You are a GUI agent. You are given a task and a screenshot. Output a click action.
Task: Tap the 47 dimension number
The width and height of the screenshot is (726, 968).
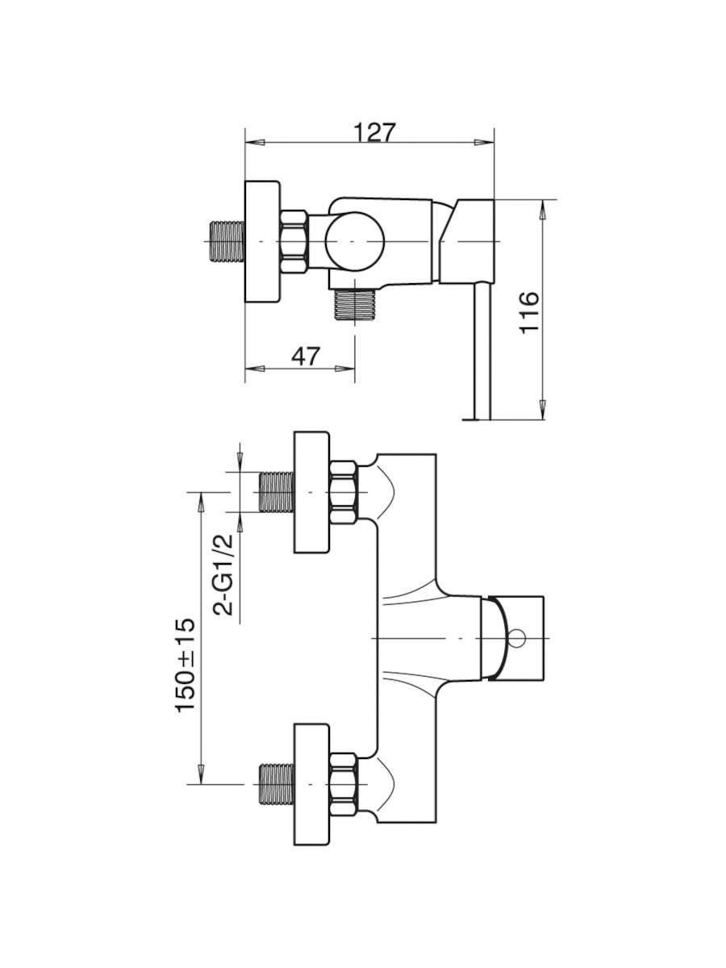click(x=306, y=356)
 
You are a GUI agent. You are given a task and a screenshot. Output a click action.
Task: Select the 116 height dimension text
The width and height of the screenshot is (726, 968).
click(x=529, y=312)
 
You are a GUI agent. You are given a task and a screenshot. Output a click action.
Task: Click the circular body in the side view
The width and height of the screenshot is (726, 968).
click(x=355, y=242)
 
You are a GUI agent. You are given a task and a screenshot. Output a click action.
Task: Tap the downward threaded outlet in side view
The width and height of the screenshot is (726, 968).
click(x=355, y=304)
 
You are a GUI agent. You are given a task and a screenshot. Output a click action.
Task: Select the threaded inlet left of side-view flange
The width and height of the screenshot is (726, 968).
click(x=228, y=242)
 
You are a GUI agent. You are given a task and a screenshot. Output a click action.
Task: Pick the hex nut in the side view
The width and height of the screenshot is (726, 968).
click(x=293, y=242)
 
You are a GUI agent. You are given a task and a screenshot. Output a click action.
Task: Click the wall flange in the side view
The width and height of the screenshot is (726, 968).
click(x=262, y=242)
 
